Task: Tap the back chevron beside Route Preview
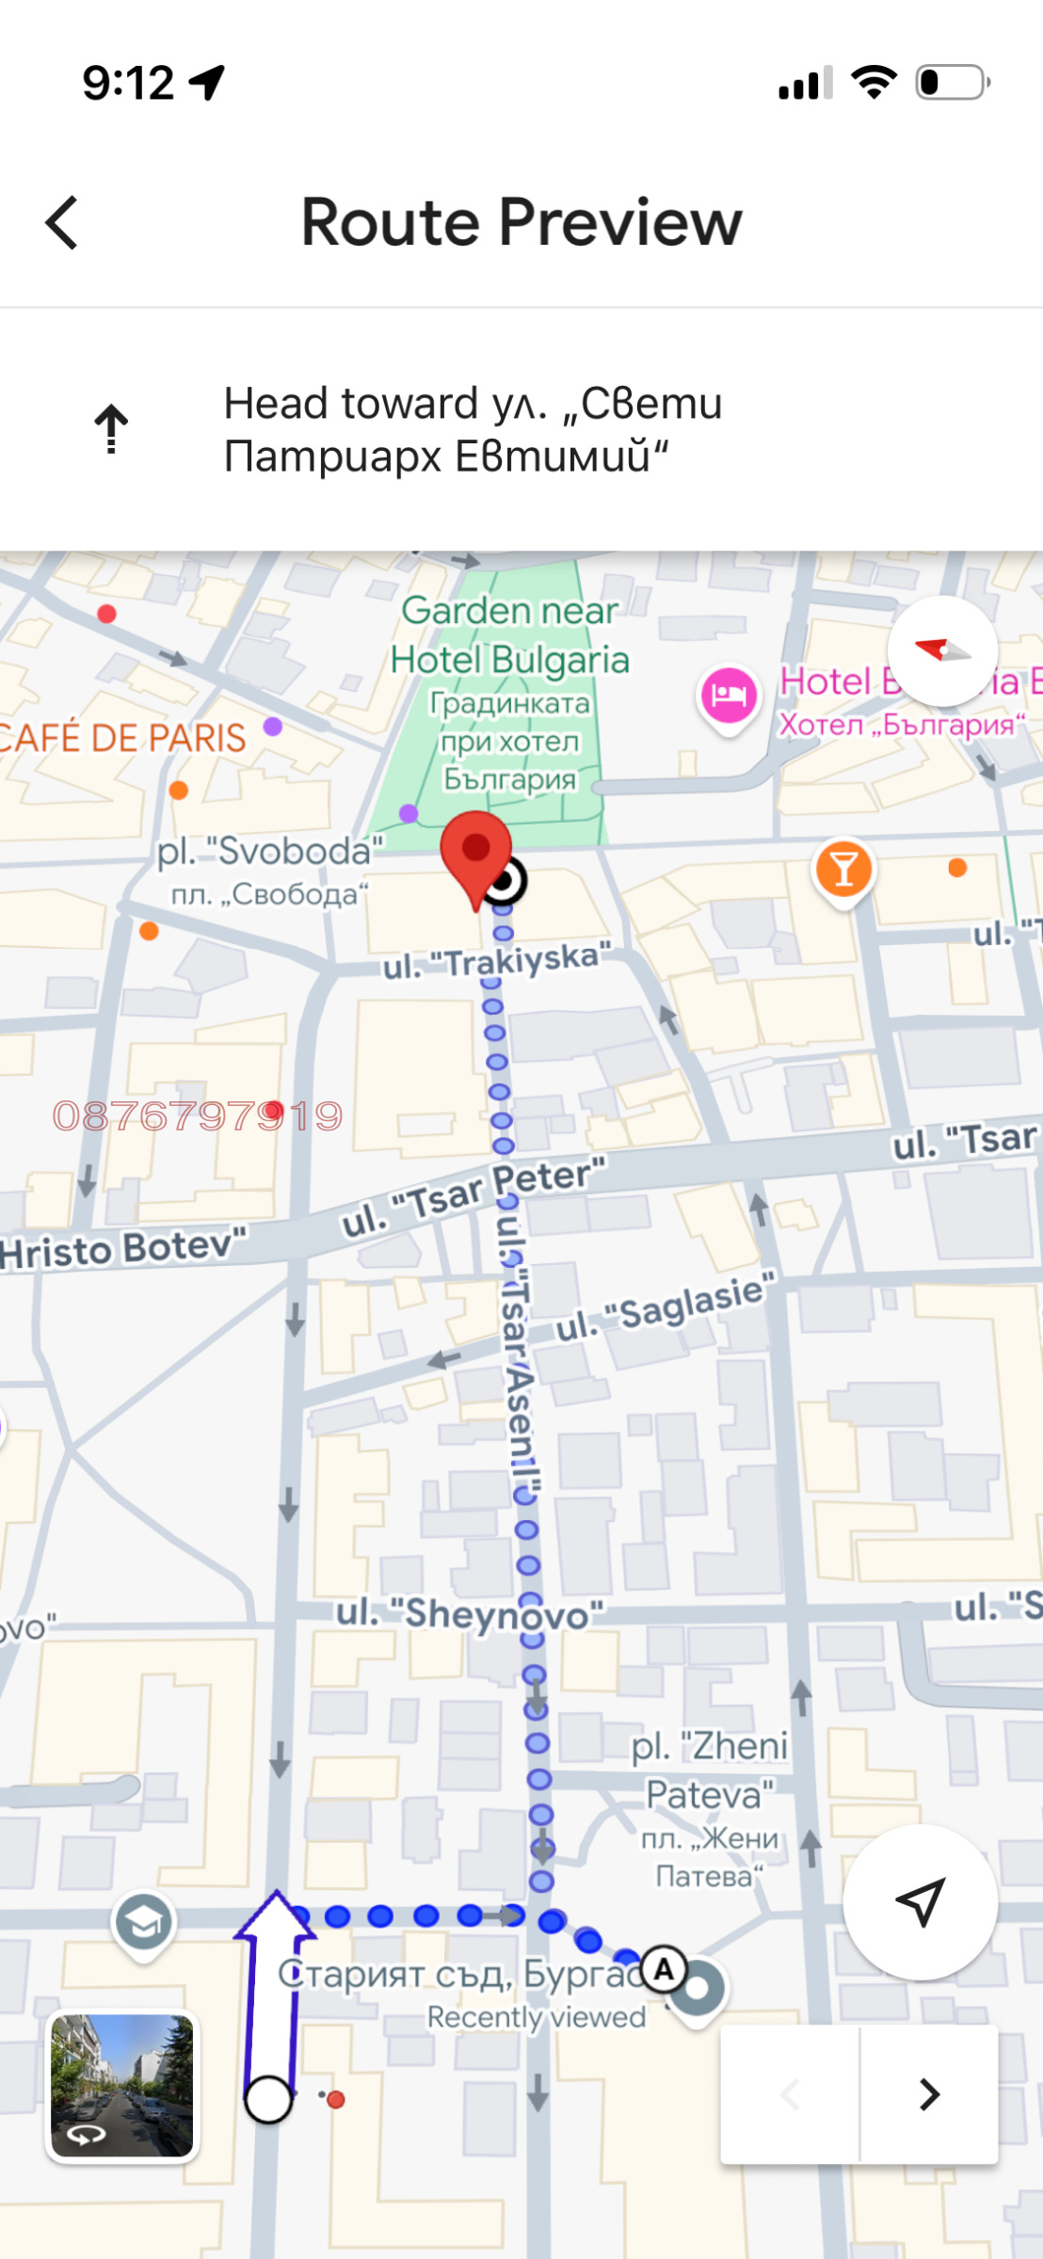(62, 223)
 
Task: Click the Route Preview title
(521, 223)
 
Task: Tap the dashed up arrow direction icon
(111, 429)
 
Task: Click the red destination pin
(476, 853)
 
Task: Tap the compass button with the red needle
(942, 650)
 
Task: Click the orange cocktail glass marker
(843, 869)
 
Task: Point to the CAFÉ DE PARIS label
(122, 738)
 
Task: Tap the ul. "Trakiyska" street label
(496, 962)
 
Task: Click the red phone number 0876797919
(198, 1116)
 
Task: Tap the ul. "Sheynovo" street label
(469, 1614)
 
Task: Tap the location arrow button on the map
(920, 1902)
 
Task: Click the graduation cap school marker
(143, 1922)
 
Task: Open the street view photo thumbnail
(121, 2085)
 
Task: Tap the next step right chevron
(929, 2093)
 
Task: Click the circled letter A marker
(665, 1968)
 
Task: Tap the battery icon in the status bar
(952, 82)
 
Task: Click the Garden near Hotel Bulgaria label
(509, 635)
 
